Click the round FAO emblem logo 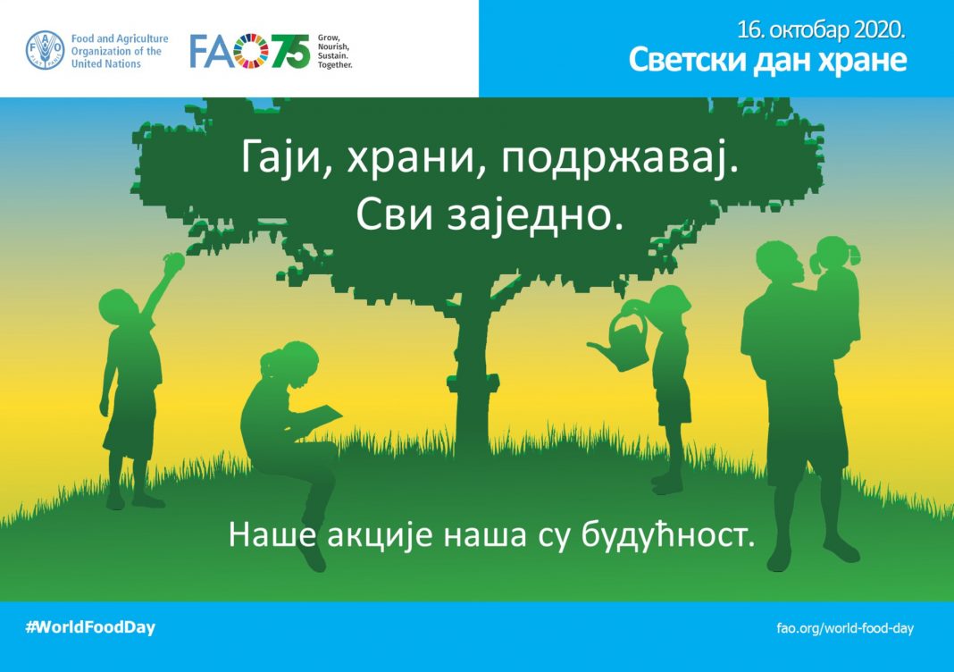(45, 51)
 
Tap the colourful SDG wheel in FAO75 (251, 51)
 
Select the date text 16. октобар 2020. (822, 29)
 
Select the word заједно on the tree (535, 214)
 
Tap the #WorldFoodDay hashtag (90, 627)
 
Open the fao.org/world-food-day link (845, 628)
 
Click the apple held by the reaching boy (173, 261)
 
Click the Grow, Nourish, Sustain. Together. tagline (335, 51)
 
